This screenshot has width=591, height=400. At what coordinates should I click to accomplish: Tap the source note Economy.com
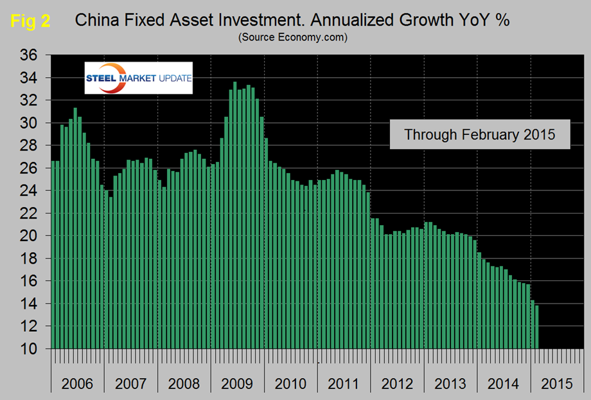292,37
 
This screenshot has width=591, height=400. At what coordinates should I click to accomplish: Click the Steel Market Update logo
139,78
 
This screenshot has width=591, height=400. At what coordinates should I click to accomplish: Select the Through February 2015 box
479,135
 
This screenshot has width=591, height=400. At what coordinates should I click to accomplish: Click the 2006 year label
77,384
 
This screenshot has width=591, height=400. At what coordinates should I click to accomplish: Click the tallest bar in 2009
234,219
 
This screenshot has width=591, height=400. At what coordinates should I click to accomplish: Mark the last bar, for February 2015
536,328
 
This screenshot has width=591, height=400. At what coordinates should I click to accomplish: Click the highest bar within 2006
75,232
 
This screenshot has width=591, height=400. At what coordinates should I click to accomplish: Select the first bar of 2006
53,257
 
